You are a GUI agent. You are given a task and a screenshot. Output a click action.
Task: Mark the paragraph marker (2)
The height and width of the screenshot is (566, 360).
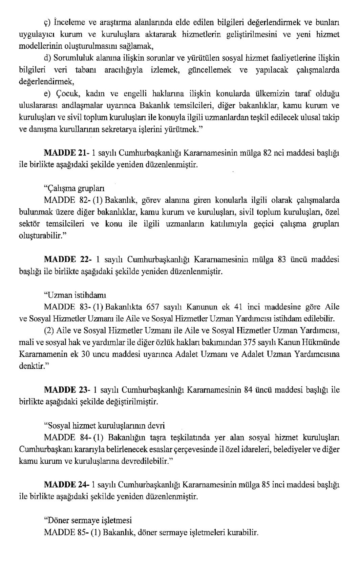49,331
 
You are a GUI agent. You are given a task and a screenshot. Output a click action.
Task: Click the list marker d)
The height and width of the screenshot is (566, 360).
48,58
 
